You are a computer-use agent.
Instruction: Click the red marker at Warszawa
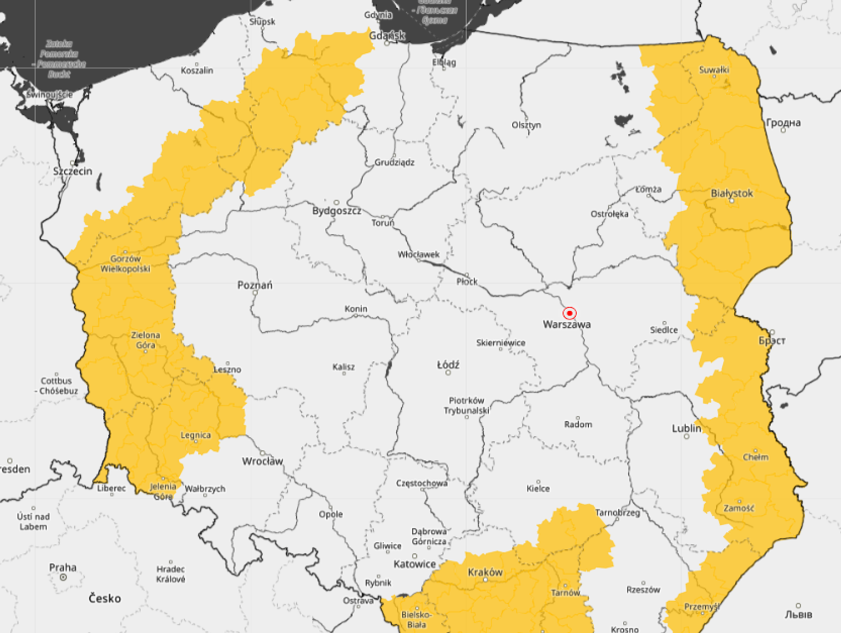[x=569, y=313]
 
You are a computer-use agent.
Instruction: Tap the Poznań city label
[x=254, y=285]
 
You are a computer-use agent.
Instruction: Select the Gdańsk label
[x=387, y=35]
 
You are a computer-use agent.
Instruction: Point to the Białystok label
[x=732, y=193]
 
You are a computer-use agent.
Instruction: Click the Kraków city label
[x=485, y=572]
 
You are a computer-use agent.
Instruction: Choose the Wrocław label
[x=262, y=461]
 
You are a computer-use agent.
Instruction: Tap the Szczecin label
[x=73, y=171]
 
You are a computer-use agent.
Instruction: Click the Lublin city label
[x=687, y=428]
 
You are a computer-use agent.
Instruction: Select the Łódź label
[x=448, y=365]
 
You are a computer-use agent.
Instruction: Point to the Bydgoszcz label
[x=336, y=211]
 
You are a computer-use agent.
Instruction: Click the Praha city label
[x=63, y=567]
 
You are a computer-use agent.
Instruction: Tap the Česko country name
[x=104, y=598]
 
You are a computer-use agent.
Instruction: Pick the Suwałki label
[x=714, y=70]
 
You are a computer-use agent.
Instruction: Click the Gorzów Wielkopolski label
[x=125, y=263]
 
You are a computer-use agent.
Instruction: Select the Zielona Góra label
[x=146, y=340]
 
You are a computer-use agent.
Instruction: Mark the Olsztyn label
[x=526, y=125]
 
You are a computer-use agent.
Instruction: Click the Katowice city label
[x=414, y=564]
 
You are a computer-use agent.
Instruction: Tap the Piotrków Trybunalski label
[x=466, y=405]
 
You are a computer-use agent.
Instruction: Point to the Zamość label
[x=739, y=508]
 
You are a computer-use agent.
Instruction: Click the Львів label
[x=798, y=614]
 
